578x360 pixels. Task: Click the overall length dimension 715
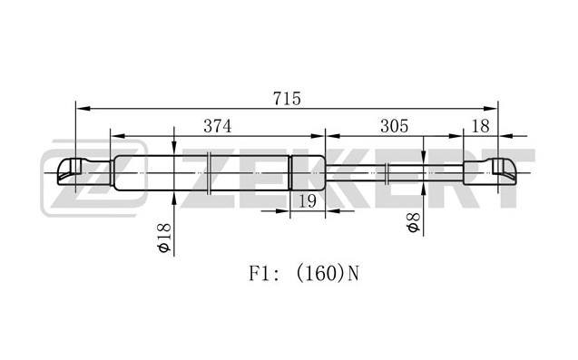(x=287, y=98)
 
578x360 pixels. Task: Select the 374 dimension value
(x=218, y=126)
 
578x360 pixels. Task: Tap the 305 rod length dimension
(x=395, y=126)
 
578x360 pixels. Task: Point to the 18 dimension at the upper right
(x=480, y=126)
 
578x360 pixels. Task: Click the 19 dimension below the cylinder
(x=307, y=201)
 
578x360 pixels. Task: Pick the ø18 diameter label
(x=164, y=238)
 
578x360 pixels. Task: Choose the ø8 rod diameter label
(x=414, y=222)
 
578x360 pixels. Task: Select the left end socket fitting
(x=84, y=171)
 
